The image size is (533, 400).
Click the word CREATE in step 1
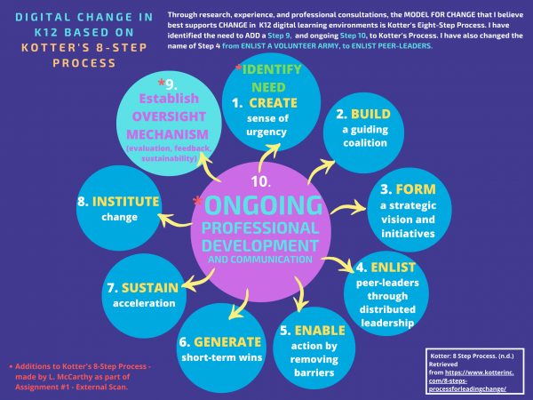[x=273, y=103]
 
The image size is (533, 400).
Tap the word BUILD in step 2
[x=370, y=115]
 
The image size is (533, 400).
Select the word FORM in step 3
[x=416, y=189]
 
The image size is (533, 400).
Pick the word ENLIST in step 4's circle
[x=394, y=268]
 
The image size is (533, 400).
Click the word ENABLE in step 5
[x=320, y=331]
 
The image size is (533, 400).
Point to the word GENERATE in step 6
[x=227, y=342]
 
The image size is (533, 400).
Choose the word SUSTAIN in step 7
[x=150, y=288]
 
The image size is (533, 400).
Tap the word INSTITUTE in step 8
[x=126, y=202]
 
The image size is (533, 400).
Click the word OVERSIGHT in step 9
[x=169, y=116]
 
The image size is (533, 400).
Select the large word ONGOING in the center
[x=263, y=205]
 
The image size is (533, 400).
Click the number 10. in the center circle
[x=260, y=181]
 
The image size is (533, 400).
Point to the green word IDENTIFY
[x=272, y=69]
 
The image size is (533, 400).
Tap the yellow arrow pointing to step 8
[x=173, y=220]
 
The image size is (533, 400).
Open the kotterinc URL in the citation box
[x=471, y=380]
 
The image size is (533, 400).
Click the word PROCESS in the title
[x=84, y=63]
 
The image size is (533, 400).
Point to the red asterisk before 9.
[x=162, y=83]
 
